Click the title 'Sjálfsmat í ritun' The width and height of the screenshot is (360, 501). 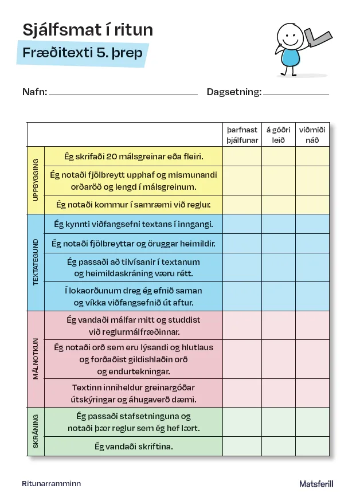pos(88,30)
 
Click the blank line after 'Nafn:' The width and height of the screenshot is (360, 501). pos(123,93)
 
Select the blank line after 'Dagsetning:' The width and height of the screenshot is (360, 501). pos(296,93)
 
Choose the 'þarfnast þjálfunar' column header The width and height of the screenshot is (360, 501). pos(242,135)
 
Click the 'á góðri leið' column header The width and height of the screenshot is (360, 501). pos(279,135)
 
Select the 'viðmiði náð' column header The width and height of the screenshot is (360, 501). pos(312,135)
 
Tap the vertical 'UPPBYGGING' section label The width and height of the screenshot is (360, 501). pos(36,180)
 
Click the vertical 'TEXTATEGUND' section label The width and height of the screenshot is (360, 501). pos(36,262)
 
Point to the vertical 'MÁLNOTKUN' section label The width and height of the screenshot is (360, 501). pos(36,359)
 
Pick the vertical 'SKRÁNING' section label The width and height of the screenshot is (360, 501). pos(36,431)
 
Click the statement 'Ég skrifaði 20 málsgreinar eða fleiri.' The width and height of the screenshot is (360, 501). pos(133,156)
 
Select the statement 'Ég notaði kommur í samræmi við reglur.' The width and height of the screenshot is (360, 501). pos(133,204)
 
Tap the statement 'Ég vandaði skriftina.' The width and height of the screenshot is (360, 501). pos(133,446)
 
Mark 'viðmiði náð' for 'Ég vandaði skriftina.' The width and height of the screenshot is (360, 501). pos(312,446)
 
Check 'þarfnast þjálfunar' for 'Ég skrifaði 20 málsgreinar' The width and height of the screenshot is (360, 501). pos(242,156)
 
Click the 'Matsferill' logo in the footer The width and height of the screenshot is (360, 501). pos(316,484)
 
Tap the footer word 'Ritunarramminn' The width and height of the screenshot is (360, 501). pos(51,484)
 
